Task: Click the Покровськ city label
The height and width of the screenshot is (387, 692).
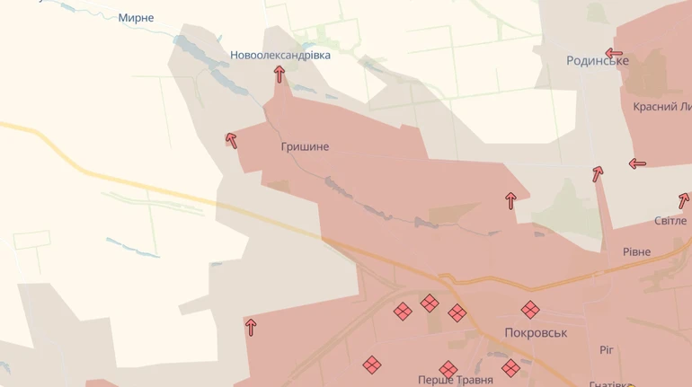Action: click(536, 332)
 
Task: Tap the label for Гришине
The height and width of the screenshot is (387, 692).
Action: click(305, 146)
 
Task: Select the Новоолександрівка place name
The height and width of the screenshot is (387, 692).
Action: click(279, 55)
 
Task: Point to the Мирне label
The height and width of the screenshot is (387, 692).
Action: click(136, 18)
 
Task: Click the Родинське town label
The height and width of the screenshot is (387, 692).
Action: click(597, 61)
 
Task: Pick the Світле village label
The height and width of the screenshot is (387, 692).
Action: click(670, 221)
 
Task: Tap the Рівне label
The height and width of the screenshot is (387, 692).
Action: click(636, 252)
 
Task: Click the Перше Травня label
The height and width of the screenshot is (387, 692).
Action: click(455, 381)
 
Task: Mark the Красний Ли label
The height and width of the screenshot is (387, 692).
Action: click(661, 107)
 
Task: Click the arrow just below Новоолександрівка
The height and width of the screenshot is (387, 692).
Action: click(279, 75)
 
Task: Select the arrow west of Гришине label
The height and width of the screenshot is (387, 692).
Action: click(231, 140)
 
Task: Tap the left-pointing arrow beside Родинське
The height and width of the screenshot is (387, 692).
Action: click(615, 53)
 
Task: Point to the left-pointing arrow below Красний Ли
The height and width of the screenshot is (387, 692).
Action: click(637, 163)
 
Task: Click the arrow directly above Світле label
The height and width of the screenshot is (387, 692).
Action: click(684, 200)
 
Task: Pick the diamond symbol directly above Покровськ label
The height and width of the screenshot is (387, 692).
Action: click(530, 310)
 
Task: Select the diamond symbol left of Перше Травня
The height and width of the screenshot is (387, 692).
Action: click(372, 365)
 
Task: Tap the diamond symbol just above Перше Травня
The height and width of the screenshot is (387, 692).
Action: click(448, 369)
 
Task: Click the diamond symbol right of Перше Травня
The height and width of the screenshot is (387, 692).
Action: click(510, 367)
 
